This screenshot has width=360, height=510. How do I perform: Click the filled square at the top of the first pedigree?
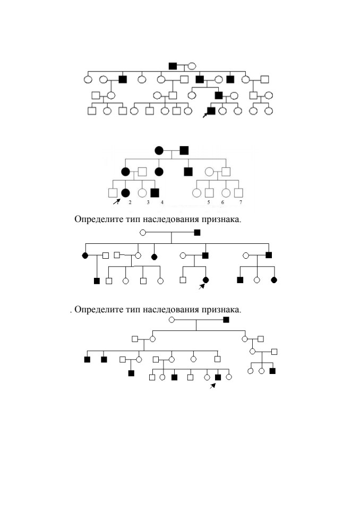tap(173, 66)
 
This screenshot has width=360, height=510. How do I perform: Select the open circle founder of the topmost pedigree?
tap(192, 66)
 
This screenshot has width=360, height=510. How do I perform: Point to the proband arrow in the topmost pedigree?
tap(205, 115)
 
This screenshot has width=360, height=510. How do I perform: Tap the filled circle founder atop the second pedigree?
tap(159, 150)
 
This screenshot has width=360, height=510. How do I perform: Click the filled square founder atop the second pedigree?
tap(184, 150)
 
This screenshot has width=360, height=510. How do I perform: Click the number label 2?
tap(130, 202)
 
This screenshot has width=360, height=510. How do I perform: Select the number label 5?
tap(209, 202)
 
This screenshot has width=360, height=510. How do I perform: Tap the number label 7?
tap(241, 202)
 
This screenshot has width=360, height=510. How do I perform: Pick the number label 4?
tap(162, 202)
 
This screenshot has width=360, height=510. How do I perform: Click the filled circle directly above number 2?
tap(125, 193)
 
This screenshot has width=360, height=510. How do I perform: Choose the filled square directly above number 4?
tap(155, 193)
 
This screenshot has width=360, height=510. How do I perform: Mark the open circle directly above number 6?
tap(226, 193)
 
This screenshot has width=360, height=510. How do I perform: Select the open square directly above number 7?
tap(238, 193)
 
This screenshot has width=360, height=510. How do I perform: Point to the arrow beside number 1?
tap(116, 202)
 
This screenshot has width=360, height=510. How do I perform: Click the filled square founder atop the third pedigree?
tap(197, 233)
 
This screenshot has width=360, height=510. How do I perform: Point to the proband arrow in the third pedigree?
tap(202, 286)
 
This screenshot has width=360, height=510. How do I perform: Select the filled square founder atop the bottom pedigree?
tap(226, 320)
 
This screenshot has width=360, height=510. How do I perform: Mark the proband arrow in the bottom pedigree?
tap(213, 386)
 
